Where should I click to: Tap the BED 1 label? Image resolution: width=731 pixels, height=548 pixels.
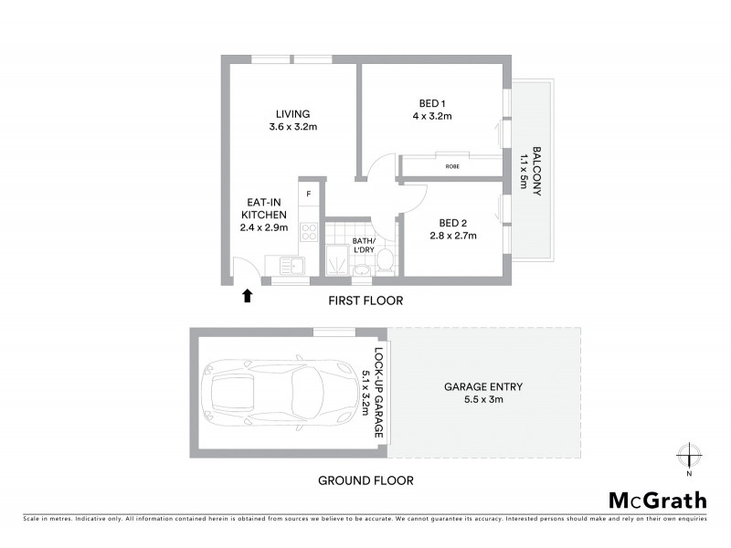pos(432,104)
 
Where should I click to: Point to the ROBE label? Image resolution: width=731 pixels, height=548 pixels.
pos(452,167)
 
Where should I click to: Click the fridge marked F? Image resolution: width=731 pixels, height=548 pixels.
pos(309,194)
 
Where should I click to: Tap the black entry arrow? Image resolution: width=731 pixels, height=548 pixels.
pos(247,295)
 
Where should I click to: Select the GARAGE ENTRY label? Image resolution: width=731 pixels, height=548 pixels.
pos(482,386)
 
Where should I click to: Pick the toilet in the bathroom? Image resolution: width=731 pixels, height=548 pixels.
pos(386,261)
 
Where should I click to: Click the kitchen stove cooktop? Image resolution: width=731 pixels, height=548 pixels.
pos(309,232)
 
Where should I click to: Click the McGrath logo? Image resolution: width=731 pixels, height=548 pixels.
pos(658,500)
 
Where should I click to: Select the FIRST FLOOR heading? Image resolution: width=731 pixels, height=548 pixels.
pos(365,300)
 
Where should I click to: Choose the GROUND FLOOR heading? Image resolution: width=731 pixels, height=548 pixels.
pos(365,479)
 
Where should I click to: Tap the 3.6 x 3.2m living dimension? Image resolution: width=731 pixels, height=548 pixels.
pos(292,127)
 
